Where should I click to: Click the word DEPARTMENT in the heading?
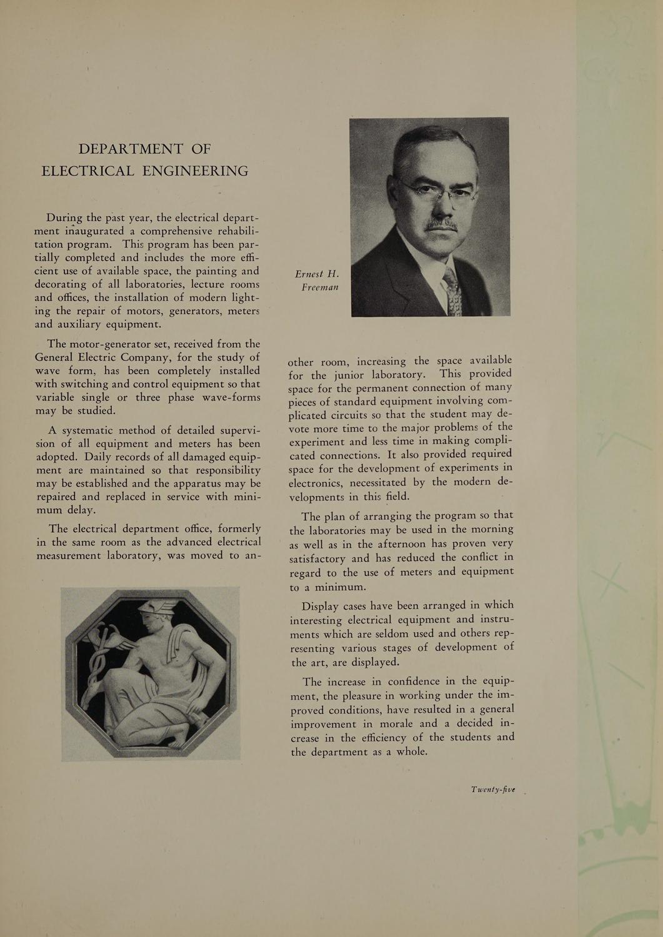pos(131,149)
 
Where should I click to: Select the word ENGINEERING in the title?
pos(195,171)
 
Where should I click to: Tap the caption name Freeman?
pos(320,287)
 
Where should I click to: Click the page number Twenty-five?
pos(493,790)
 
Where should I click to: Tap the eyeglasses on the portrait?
pos(437,191)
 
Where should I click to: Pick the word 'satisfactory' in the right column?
pos(317,558)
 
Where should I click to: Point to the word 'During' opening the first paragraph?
pos(64,218)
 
